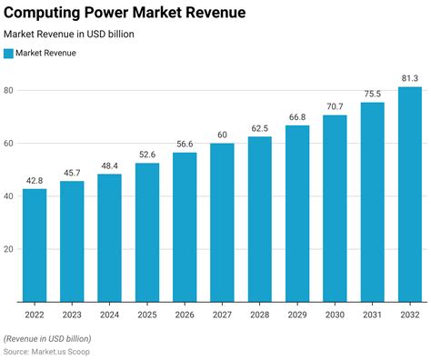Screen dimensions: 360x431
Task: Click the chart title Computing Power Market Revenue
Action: (x=125, y=12)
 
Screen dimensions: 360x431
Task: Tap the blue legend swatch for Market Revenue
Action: (x=9, y=53)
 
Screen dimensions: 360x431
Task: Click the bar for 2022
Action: (x=35, y=245)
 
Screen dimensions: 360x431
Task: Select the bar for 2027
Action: (x=222, y=222)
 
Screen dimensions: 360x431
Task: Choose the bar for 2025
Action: (x=147, y=232)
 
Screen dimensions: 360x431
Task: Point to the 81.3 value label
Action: (x=409, y=78)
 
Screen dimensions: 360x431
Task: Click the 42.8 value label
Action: (x=35, y=180)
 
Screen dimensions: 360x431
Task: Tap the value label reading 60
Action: (x=222, y=135)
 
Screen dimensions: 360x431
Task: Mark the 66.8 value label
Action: (x=296, y=116)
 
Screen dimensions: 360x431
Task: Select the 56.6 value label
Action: (x=185, y=144)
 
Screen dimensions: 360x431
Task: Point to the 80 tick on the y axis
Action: (x=9, y=90)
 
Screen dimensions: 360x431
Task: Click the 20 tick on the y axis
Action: (x=9, y=248)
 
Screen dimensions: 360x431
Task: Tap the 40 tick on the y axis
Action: (x=9, y=195)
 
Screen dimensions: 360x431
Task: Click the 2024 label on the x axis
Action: (x=110, y=314)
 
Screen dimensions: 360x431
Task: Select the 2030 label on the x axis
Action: (x=334, y=314)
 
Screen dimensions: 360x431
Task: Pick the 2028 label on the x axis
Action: (x=259, y=314)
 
